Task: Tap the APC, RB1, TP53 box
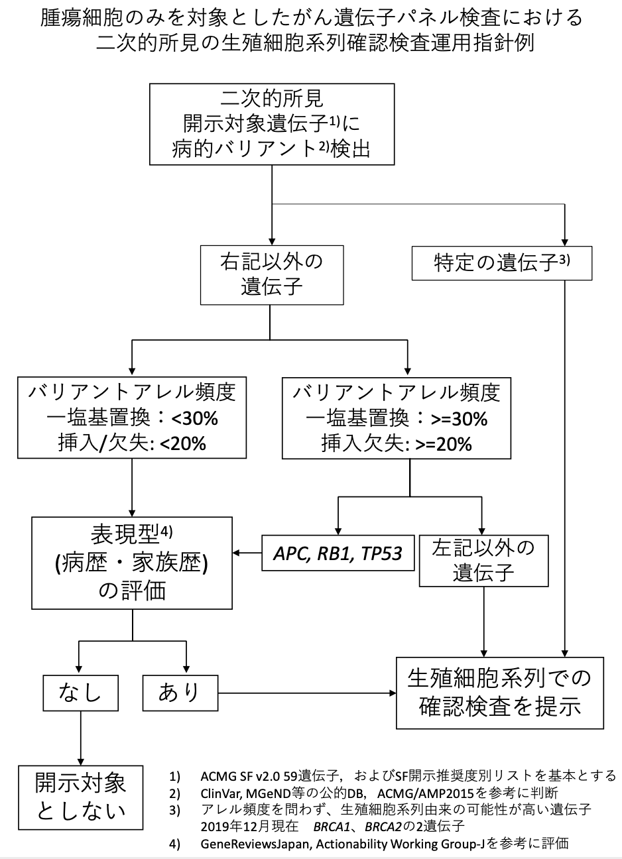tap(339, 552)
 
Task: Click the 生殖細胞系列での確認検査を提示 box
tap(500, 693)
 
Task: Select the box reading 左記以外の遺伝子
tap(484, 561)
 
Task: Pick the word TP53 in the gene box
tap(381, 553)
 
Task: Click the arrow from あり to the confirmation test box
tap(306, 693)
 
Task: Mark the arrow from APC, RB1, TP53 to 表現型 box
tap(245, 552)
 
